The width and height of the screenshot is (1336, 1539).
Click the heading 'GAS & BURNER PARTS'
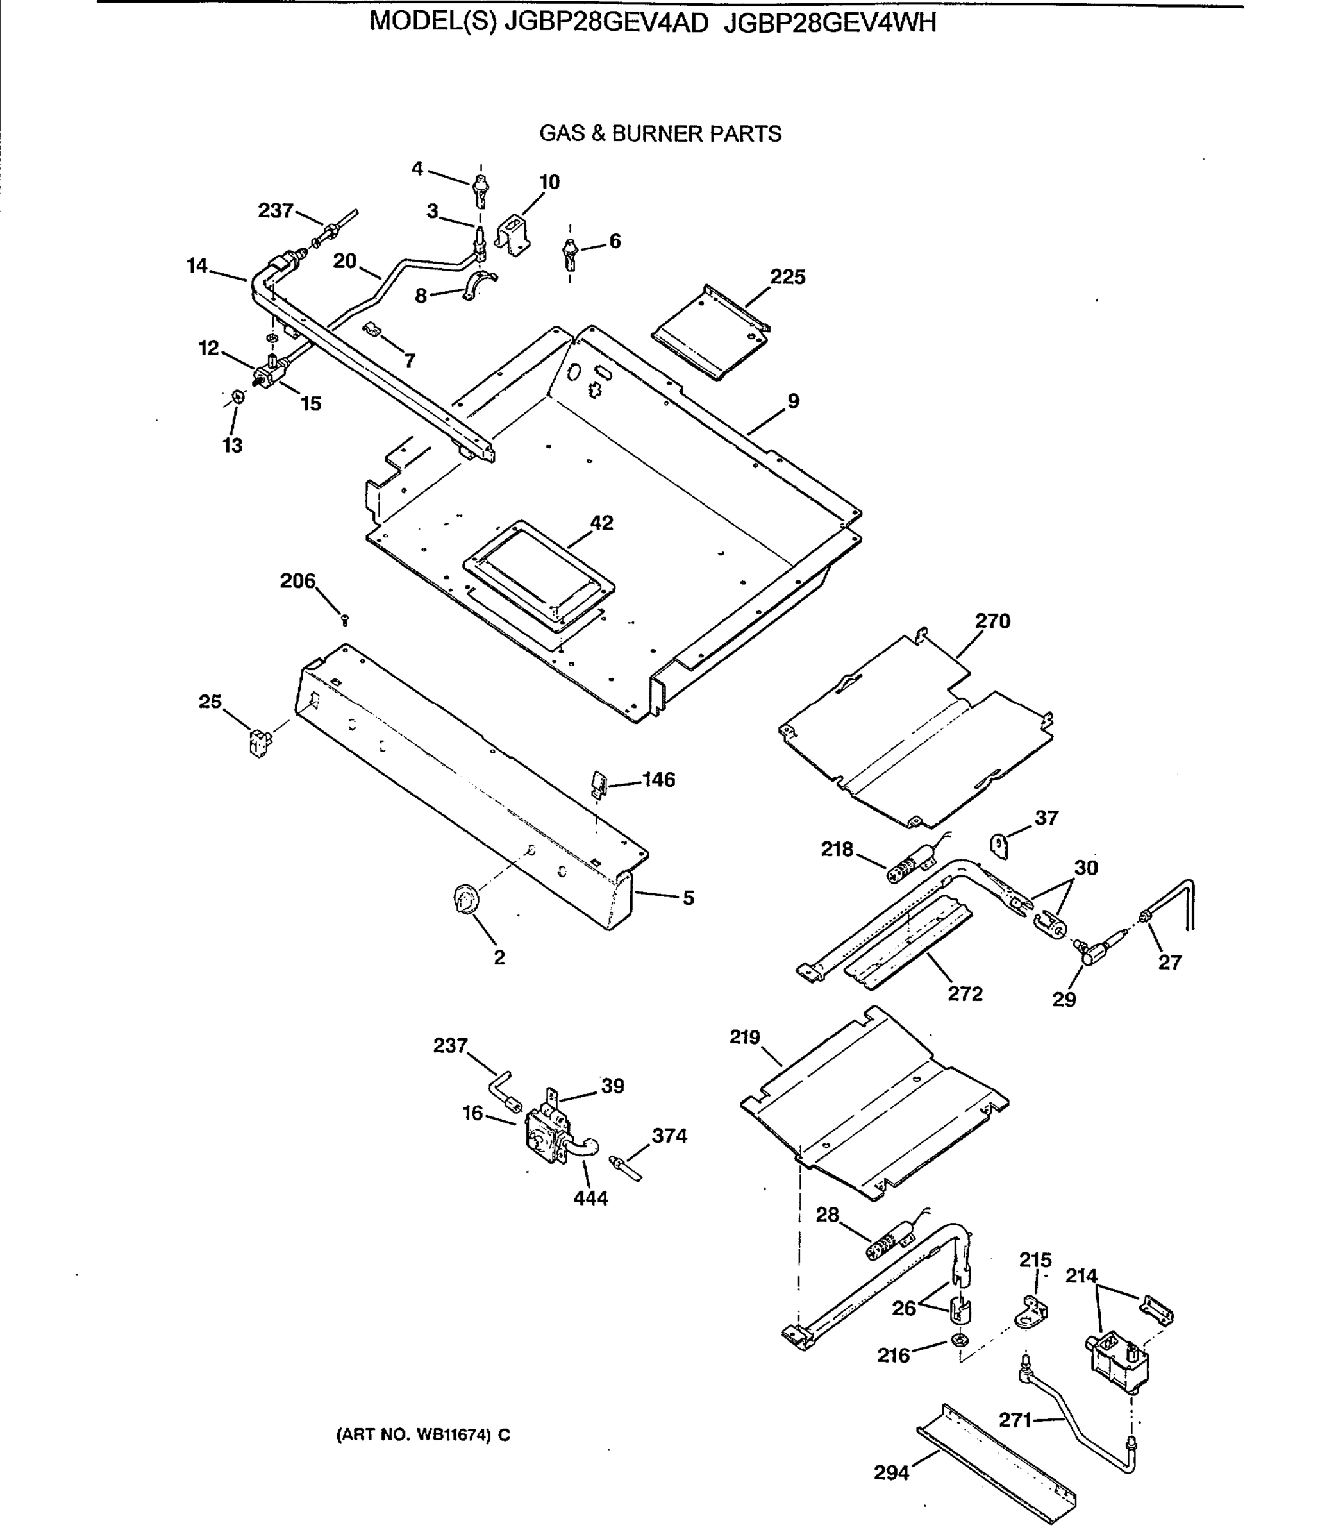(x=660, y=134)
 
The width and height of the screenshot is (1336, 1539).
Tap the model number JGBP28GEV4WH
(x=829, y=23)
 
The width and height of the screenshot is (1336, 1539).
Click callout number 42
(x=601, y=523)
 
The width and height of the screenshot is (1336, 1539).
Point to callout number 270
(x=993, y=621)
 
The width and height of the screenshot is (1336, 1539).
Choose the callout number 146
(x=658, y=780)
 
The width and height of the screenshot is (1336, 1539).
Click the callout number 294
(x=892, y=1473)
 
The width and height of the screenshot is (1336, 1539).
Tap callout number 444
(x=590, y=1198)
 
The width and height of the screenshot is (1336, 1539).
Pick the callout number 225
(x=788, y=278)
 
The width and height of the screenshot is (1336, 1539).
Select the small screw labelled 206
(x=344, y=619)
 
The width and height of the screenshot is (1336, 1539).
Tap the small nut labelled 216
(x=960, y=1341)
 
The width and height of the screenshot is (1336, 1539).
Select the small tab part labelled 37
(x=999, y=846)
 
